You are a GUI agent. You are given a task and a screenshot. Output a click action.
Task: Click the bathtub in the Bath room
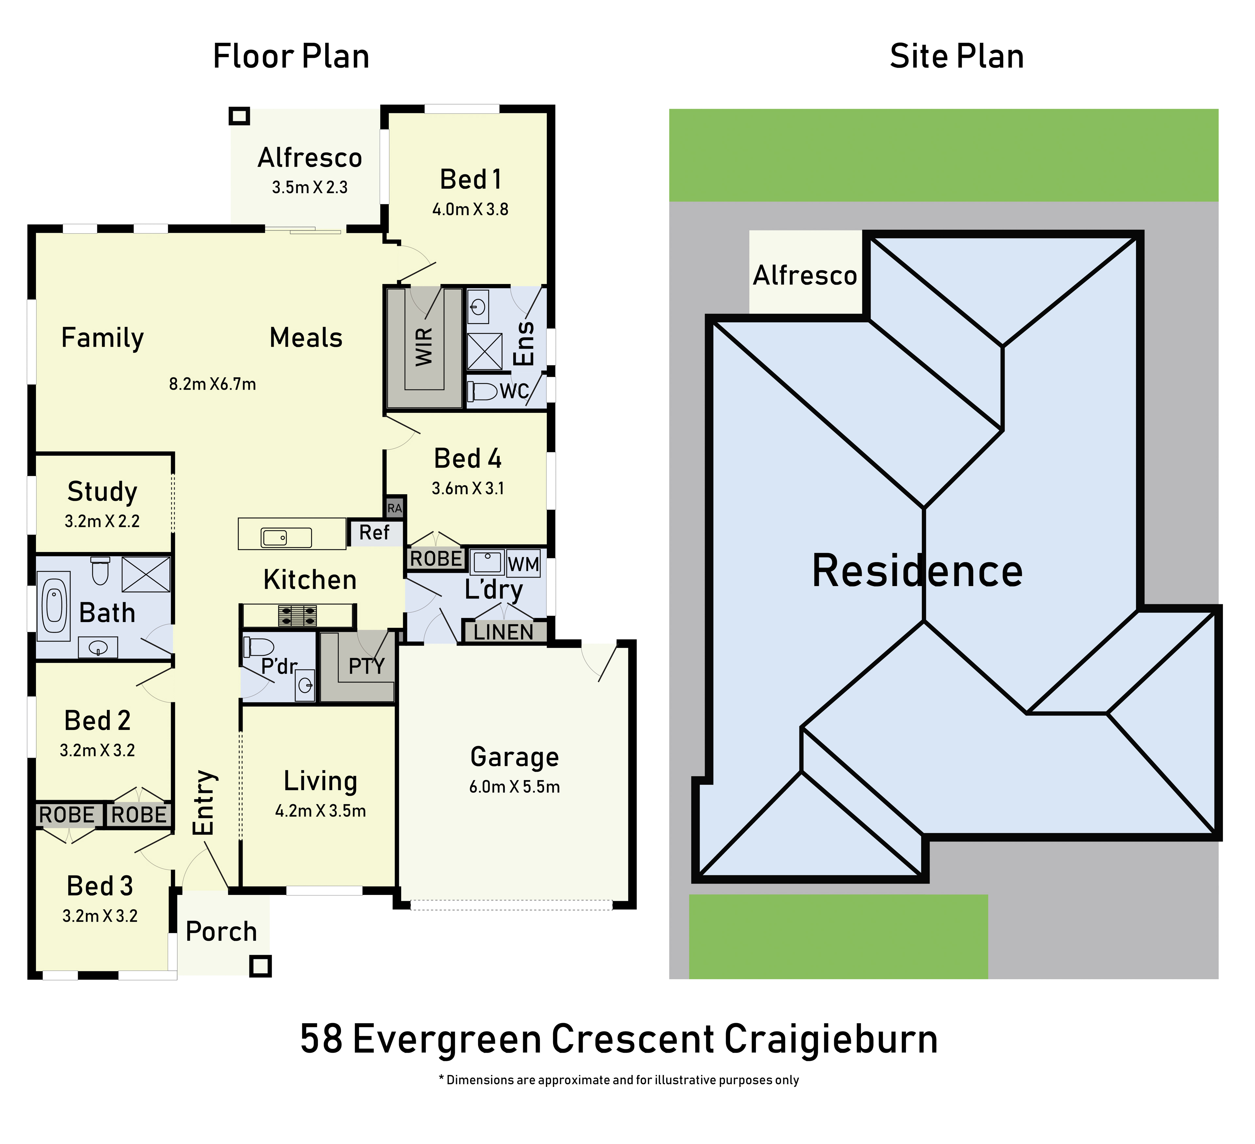click(54, 606)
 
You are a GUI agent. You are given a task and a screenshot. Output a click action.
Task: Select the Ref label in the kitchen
click(374, 533)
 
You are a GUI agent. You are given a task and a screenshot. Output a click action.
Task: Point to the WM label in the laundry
click(523, 564)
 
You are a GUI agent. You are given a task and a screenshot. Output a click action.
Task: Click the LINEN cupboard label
click(504, 632)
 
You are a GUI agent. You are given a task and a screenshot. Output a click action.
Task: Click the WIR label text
click(424, 347)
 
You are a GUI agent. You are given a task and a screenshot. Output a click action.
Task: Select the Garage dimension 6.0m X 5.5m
click(514, 787)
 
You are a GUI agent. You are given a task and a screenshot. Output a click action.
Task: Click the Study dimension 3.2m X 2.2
click(102, 521)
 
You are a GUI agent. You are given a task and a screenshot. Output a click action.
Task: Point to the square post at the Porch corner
click(260, 966)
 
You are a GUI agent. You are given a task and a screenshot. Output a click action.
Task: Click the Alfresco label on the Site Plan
click(805, 275)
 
